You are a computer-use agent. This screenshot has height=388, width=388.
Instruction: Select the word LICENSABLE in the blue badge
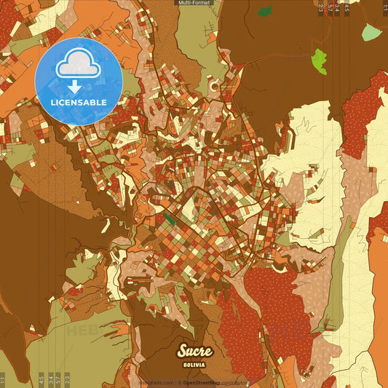79,103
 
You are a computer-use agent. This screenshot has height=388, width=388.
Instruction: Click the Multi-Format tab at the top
194,3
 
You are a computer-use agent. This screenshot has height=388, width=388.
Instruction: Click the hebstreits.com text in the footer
154,383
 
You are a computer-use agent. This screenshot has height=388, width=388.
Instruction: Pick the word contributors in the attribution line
235,383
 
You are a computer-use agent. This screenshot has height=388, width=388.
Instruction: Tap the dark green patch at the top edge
265,12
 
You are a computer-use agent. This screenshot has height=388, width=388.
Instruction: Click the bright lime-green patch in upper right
319,61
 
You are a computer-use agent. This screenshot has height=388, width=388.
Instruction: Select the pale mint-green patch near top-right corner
371,32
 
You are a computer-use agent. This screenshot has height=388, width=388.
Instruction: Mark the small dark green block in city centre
169,217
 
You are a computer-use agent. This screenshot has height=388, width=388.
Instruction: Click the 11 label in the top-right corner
384,8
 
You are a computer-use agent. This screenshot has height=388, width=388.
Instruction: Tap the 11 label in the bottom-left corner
3,379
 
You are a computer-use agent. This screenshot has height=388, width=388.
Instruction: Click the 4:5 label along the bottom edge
41,379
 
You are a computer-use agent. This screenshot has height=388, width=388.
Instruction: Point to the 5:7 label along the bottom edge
59,379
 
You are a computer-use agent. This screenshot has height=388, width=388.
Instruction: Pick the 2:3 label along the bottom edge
68,379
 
